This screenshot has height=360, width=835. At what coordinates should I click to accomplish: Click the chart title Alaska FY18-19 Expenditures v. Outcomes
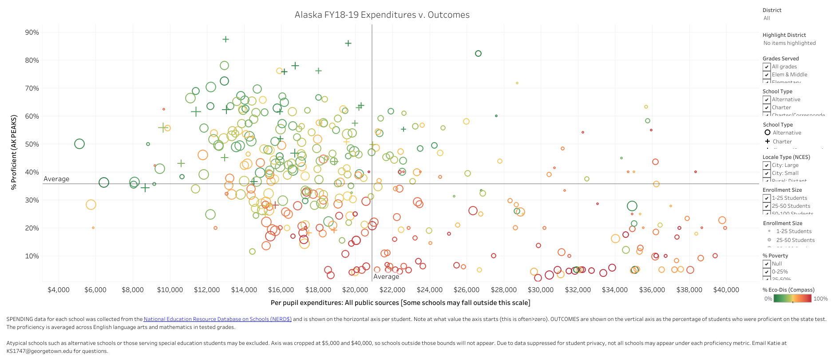[x=382, y=15]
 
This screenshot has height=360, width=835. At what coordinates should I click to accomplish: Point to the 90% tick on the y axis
[x=32, y=32]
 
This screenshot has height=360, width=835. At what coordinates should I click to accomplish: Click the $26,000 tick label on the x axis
[x=466, y=290]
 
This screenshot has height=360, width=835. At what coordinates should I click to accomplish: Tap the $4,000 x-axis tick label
[x=59, y=290]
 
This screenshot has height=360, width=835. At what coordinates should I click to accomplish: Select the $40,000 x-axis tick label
[x=726, y=290]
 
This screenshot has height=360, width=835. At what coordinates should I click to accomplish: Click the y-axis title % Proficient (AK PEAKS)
[x=14, y=152]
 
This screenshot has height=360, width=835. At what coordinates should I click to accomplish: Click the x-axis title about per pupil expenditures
[x=400, y=303]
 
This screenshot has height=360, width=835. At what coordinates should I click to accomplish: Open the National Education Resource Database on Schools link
[x=218, y=319]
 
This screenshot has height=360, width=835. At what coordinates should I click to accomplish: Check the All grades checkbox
[x=767, y=67]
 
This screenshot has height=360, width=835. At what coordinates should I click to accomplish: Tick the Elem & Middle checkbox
[x=767, y=75]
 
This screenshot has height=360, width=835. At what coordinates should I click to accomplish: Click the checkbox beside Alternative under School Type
[x=767, y=99]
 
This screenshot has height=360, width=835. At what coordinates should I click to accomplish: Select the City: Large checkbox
[x=767, y=165]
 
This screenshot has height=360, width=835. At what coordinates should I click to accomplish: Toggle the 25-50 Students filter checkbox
[x=767, y=206]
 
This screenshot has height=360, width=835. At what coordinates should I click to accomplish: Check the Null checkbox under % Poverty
[x=767, y=264]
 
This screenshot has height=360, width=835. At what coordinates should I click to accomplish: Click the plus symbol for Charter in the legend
[x=767, y=141]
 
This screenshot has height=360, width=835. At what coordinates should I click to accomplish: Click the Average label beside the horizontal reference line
[x=56, y=179]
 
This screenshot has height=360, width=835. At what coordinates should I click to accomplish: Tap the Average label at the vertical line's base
[x=386, y=277]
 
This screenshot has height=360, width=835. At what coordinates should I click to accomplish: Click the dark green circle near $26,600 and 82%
[x=478, y=54]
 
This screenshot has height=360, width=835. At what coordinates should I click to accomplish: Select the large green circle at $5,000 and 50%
[x=79, y=144]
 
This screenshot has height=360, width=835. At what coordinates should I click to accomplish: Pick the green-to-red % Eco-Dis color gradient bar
[x=792, y=299]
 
